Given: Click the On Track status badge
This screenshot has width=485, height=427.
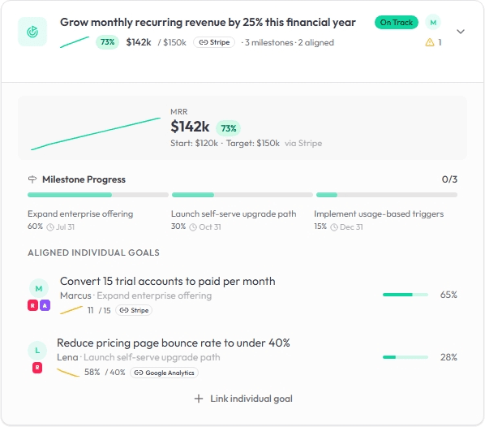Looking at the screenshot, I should tap(396, 22).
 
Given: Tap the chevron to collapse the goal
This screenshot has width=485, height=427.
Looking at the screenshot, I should tap(460, 32).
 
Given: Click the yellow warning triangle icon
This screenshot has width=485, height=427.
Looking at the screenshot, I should tap(430, 42).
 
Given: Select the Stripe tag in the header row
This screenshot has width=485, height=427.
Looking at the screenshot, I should tap(214, 42).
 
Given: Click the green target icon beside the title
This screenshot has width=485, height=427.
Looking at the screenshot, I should tap(32, 32).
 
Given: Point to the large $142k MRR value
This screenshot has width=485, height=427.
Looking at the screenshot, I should tap(191, 127).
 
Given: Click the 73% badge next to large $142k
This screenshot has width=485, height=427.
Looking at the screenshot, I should tap(228, 127).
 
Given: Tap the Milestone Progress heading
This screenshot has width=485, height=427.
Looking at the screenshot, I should tap(84, 179).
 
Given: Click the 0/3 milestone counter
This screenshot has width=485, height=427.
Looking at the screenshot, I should tap(449, 179).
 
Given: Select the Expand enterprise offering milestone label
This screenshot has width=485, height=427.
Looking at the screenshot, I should tap(80, 214).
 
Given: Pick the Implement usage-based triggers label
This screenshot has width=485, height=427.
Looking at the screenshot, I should tap(379, 214).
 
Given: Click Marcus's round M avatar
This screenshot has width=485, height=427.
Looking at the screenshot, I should tap(38, 288).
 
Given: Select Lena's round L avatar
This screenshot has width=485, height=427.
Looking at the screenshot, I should tap(37, 351).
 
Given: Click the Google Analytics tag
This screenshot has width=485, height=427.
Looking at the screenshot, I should tap(165, 373).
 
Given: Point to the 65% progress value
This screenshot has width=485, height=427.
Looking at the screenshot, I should tap(449, 295).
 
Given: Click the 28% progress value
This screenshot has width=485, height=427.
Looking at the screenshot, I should tap(449, 357).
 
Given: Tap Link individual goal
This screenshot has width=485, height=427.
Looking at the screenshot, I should tap(243, 399).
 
